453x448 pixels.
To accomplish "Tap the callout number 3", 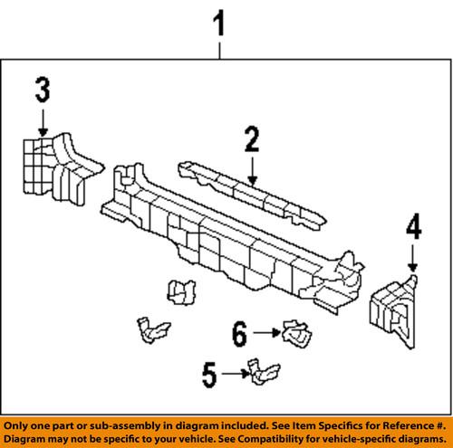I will tap(43, 91).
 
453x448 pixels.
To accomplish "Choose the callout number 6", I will tap(239, 334).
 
